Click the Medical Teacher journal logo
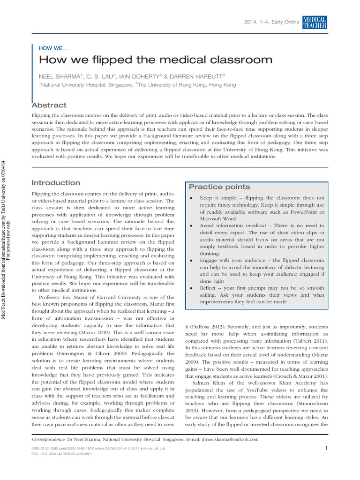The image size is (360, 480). [x=315, y=22]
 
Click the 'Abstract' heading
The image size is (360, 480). [x=49, y=105]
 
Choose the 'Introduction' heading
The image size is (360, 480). [x=55, y=183]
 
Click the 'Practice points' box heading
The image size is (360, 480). [x=213, y=187]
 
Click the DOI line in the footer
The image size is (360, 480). [x=61, y=454]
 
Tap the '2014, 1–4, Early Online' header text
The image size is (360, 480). [x=272, y=23]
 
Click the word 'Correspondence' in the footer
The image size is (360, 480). [x=48, y=439]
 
